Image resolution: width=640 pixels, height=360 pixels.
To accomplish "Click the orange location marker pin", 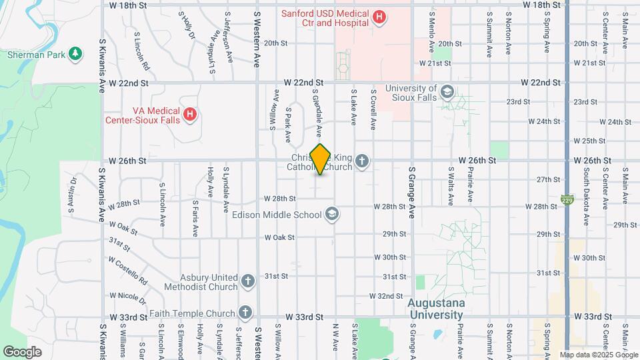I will pos(321,159).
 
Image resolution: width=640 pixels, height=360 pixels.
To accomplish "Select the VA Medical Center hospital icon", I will pos(190,115).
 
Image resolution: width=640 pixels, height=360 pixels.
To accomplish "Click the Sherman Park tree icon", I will pos(76,54).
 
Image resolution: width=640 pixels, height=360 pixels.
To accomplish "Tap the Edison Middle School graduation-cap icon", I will pos(331,214).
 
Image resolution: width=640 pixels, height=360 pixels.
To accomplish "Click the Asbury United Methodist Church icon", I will pos(248,281).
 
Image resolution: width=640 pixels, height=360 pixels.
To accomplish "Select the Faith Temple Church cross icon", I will pos(245,313).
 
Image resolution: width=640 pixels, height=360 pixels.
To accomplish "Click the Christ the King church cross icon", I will pos(362,161).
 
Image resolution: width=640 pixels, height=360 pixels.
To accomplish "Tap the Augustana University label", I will pos(435,309).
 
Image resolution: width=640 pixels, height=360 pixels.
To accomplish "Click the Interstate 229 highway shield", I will pos(567,199).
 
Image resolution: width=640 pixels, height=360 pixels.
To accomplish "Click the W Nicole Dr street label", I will pos(128,295).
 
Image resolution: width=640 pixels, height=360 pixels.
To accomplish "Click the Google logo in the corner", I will pos(22,351).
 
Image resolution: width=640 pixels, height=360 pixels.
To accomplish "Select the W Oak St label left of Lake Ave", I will pos(279,237).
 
